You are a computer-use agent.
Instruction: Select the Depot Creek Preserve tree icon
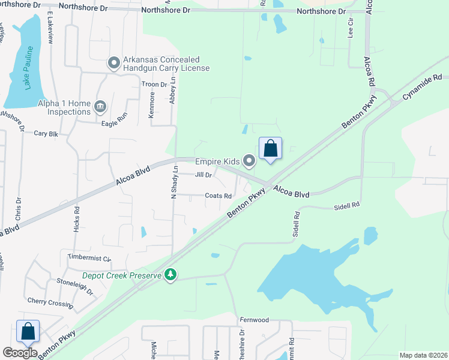click(172, 275)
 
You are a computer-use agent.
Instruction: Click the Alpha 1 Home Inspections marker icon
click(100, 107)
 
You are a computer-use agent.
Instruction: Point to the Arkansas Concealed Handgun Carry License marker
click(113, 62)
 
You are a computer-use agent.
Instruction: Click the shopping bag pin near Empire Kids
click(270, 149)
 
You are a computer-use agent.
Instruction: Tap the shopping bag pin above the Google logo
click(28, 331)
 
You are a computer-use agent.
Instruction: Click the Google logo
click(20, 353)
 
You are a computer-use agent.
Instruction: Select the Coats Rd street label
click(218, 196)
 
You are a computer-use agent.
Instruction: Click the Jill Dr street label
click(203, 175)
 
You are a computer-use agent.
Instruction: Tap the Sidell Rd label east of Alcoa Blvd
click(347, 205)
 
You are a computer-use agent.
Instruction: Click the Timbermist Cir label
click(89, 258)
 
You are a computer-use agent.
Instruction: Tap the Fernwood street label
click(254, 320)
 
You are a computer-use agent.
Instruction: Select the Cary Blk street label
click(46, 134)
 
